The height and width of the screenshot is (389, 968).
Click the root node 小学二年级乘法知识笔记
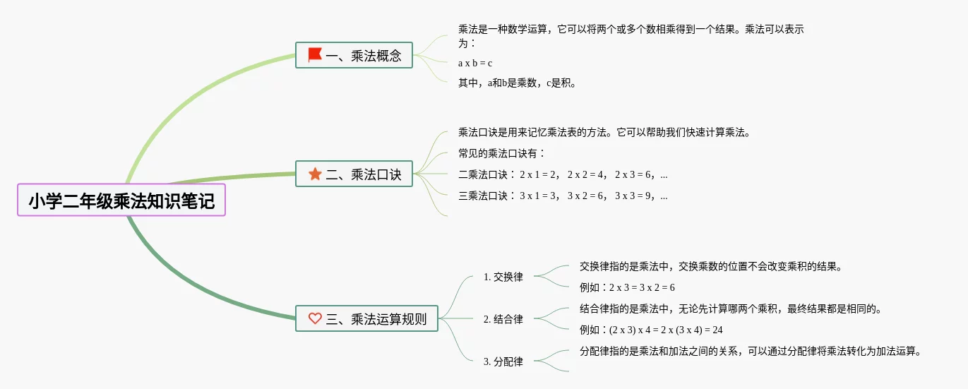click(121, 201)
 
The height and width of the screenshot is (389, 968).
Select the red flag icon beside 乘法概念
click(315, 54)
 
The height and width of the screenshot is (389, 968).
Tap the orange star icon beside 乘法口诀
click(315, 174)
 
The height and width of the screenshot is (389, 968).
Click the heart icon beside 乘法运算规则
click(315, 318)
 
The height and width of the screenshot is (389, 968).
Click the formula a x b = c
click(475, 63)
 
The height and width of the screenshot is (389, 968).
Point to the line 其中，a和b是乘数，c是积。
click(518, 83)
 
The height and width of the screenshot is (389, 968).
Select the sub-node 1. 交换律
click(503, 277)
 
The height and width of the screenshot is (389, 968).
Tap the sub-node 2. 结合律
click(503, 319)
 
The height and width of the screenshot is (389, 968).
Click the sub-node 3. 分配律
click(503, 361)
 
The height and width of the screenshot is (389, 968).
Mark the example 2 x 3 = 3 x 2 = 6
click(627, 287)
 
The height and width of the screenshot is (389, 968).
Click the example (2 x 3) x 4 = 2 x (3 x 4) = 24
click(650, 330)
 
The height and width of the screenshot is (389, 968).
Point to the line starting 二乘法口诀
click(563, 174)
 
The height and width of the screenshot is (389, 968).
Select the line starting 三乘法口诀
click(563, 196)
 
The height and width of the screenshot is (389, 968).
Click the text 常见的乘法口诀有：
click(502, 153)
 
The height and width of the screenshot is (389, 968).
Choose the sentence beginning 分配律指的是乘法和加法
click(751, 351)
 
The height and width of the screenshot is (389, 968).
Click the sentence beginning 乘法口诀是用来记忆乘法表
click(604, 132)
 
